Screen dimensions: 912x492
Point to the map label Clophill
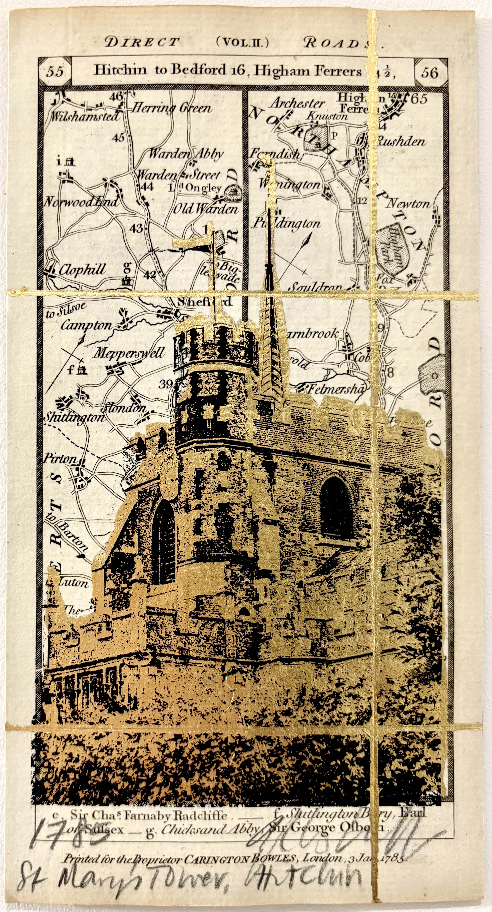click(x=82, y=270)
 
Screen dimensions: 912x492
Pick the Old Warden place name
click(x=205, y=209)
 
